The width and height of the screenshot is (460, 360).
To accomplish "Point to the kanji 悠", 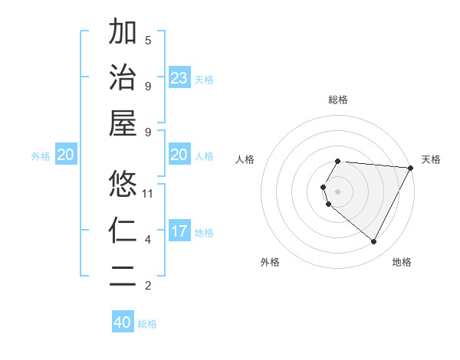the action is (x=123, y=184).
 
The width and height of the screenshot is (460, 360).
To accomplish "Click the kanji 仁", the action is (x=123, y=230).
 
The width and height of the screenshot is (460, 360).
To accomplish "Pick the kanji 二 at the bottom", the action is (x=123, y=276).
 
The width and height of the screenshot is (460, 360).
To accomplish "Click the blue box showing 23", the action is (x=179, y=77).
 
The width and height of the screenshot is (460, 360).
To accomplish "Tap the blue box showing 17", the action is (x=179, y=231).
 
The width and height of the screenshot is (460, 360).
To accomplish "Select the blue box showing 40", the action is (x=123, y=322).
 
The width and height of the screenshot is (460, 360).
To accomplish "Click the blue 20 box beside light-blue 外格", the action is (x=66, y=155).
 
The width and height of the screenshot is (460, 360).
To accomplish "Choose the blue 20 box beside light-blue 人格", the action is (x=179, y=155).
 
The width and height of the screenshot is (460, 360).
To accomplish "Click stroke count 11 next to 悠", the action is (x=149, y=193).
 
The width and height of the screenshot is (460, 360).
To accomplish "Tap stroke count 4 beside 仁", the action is (x=148, y=240).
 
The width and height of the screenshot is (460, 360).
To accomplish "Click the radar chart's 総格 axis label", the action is (x=338, y=100).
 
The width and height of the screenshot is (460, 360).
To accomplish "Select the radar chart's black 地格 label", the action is (x=402, y=263).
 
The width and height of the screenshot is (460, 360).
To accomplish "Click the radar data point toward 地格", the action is (x=374, y=242).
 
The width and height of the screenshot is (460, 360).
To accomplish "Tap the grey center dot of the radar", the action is (x=338, y=191).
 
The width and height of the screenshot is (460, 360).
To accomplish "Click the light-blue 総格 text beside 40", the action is (x=147, y=324).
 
